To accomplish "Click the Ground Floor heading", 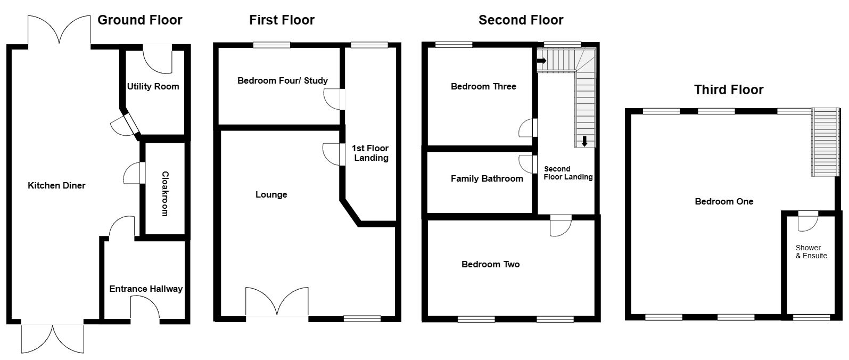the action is (x=139, y=20).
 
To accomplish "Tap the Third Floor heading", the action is (x=728, y=89).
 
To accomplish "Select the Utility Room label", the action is (x=153, y=86).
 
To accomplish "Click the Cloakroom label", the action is (x=164, y=193).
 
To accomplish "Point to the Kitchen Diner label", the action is (x=56, y=185).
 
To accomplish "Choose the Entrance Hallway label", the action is (x=145, y=289).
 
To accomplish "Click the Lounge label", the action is (x=271, y=194).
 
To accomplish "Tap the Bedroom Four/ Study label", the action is (x=282, y=80).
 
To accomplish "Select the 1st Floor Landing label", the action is (x=371, y=153).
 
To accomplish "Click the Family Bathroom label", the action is (x=487, y=178).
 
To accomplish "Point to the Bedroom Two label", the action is (x=490, y=264).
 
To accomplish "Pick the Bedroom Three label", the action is (x=483, y=86).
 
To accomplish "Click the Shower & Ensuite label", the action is (x=811, y=251).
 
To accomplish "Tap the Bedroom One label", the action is (x=724, y=201).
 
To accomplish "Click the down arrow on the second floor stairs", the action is (x=584, y=141).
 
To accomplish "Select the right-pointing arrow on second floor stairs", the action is (x=541, y=60).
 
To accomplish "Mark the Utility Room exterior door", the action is (x=158, y=59).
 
